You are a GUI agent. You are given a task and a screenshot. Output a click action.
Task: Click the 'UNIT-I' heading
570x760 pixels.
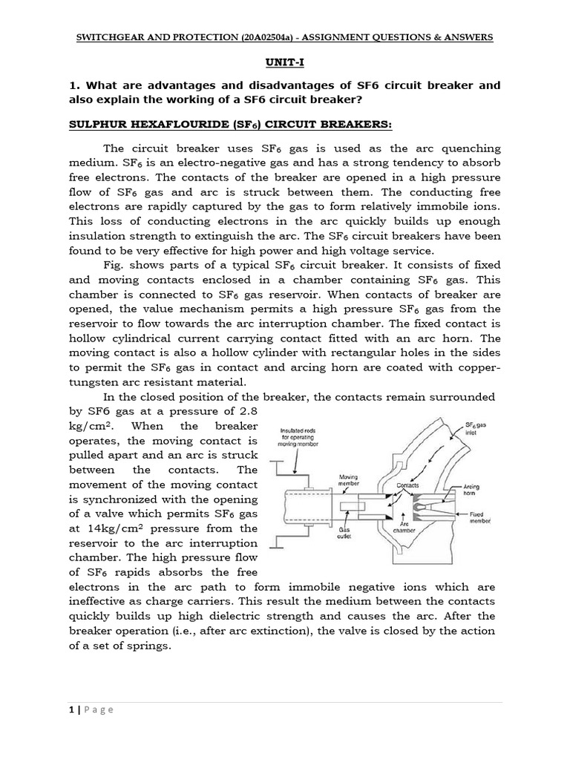[285, 65]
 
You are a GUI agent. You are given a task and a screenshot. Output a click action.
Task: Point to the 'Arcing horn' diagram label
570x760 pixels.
[471, 491]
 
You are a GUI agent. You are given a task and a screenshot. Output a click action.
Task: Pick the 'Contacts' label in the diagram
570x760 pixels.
[408, 485]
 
